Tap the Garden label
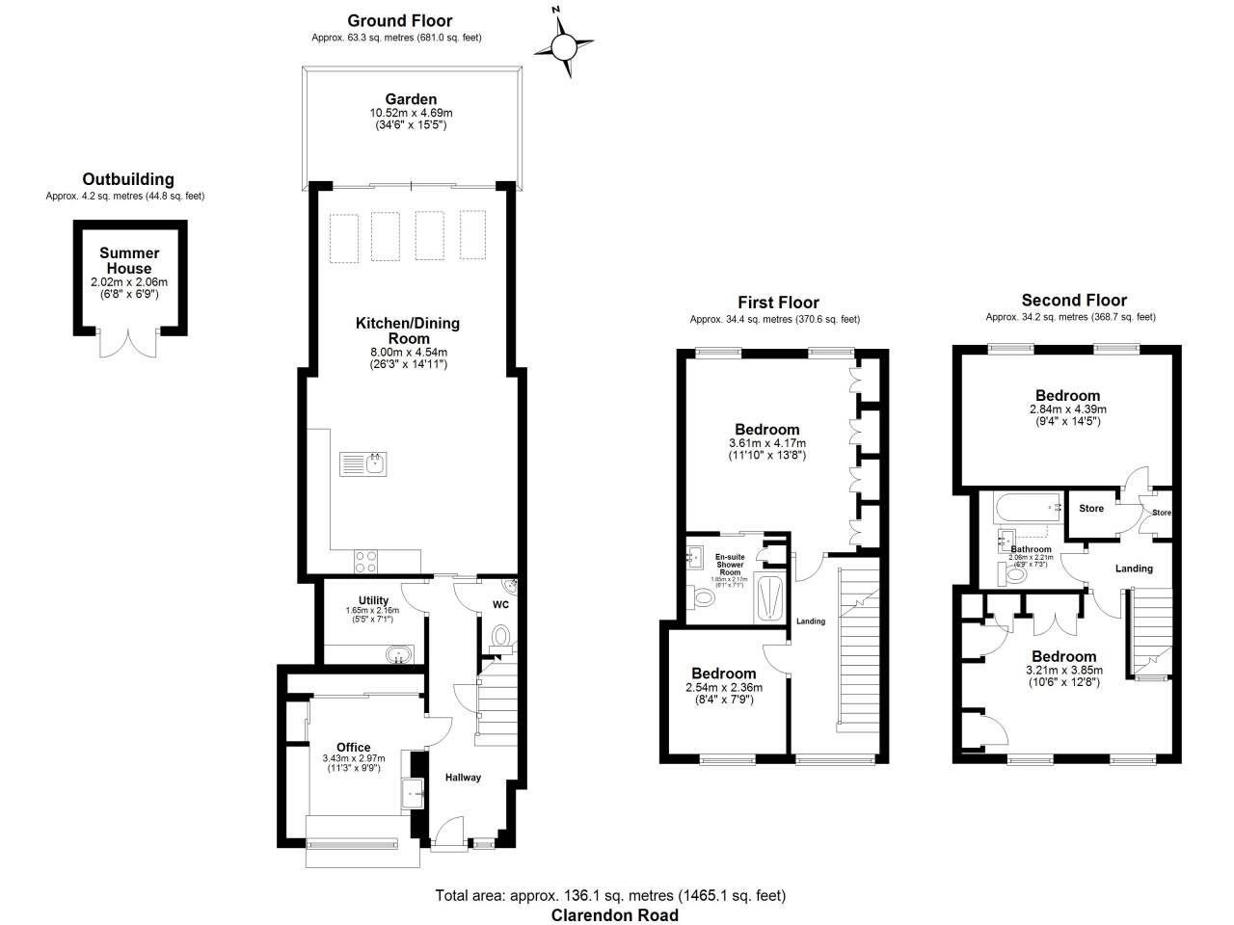[x=411, y=99]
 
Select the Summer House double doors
[x=128, y=342]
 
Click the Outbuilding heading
[x=128, y=179]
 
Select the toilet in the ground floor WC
[x=500, y=637]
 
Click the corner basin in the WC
[x=510, y=589]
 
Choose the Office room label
[x=353, y=747]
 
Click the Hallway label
[x=463, y=778]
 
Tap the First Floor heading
[x=778, y=303]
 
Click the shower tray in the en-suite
[x=772, y=597]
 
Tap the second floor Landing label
[x=1134, y=568]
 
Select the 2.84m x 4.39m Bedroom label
[x=1067, y=396]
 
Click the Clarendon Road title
[x=614, y=915]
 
